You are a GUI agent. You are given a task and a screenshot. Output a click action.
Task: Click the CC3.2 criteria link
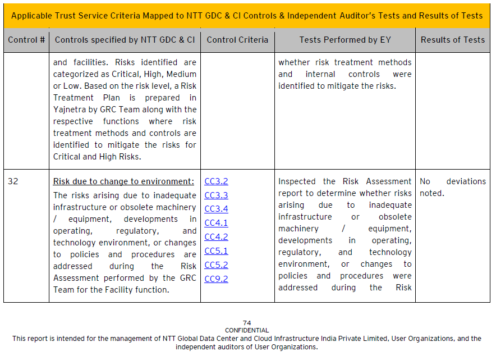click(216, 181)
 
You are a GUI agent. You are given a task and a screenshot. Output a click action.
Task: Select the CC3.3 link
click(216, 195)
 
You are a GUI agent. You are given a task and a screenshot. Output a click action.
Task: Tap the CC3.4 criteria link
click(216, 209)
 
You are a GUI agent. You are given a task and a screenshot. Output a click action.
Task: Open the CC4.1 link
click(216, 223)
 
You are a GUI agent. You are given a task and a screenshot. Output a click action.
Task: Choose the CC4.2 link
click(216, 237)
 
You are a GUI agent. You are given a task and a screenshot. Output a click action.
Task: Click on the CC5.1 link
click(216, 251)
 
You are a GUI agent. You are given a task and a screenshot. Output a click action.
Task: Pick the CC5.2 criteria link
click(216, 265)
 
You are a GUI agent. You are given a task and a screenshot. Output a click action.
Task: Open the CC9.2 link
click(216, 279)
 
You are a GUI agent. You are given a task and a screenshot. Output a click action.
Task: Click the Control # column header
click(26, 40)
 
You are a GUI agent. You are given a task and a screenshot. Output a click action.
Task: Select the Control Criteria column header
click(237, 40)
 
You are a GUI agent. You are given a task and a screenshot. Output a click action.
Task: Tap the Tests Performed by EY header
click(345, 40)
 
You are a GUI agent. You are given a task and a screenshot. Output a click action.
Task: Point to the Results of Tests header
click(452, 40)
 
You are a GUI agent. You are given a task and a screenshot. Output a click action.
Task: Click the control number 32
click(13, 181)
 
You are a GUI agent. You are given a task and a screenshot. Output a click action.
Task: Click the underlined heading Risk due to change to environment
click(123, 181)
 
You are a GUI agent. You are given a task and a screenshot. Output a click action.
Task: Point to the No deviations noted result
click(452, 187)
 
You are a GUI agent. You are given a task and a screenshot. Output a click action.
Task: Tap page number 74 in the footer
click(247, 323)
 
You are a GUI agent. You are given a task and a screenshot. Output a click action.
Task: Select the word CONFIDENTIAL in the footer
click(247, 330)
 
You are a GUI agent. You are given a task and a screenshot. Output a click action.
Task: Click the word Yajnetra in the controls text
click(71, 110)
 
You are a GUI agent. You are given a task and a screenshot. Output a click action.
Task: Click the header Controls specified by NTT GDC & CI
click(125, 40)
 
